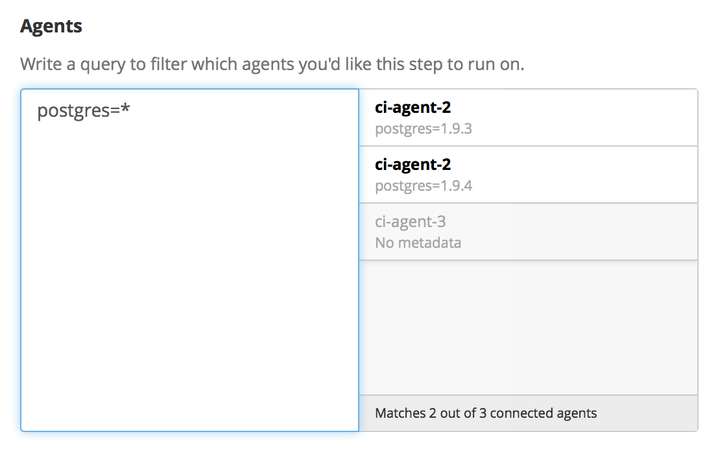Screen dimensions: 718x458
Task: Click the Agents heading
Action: click(x=51, y=27)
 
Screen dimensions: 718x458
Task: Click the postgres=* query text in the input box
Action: click(x=84, y=111)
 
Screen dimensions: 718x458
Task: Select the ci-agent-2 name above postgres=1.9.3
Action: click(x=413, y=108)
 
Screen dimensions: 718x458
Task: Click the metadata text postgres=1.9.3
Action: click(x=424, y=128)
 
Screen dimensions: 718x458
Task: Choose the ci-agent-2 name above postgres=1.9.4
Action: click(x=413, y=165)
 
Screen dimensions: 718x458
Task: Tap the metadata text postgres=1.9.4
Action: click(x=424, y=186)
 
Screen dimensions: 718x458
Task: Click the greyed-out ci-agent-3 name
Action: click(x=410, y=222)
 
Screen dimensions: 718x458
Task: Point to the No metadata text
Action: click(x=418, y=243)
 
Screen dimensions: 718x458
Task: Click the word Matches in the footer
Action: click(x=400, y=413)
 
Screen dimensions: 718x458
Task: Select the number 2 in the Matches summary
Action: click(x=432, y=413)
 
